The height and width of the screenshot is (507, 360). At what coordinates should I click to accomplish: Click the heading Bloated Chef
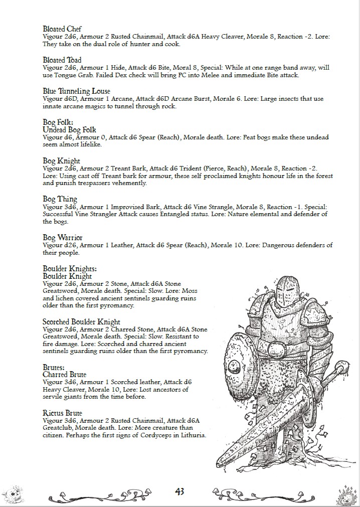pos(62,29)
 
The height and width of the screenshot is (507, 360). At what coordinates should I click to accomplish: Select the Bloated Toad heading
pos(62,60)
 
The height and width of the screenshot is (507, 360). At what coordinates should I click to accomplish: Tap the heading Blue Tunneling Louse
pos(76,91)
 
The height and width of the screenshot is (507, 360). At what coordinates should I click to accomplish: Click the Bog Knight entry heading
pos(62,160)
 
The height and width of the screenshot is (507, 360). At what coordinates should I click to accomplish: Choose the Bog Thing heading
pos(60,199)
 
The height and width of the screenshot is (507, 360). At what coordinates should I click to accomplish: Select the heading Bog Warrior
pos(63,237)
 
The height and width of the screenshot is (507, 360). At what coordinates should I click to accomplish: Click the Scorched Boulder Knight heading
pos(81,321)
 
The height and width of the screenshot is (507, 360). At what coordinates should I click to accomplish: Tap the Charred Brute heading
pos(64,375)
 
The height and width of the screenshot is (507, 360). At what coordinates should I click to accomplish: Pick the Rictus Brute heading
pos(62,413)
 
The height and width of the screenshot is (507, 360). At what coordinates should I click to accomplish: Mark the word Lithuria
pos(190,435)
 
